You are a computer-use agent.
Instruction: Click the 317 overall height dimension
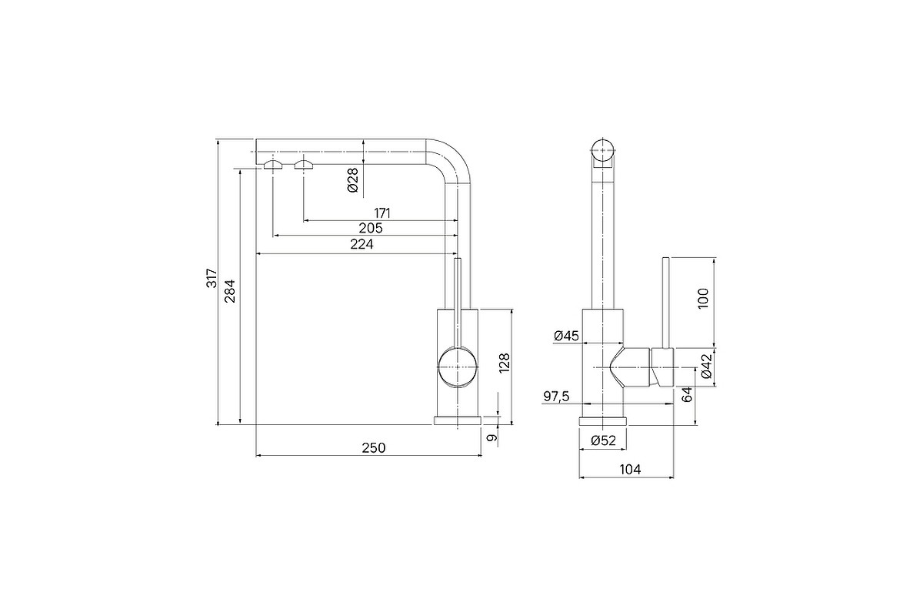[212, 278]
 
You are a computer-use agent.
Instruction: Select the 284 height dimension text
[230, 291]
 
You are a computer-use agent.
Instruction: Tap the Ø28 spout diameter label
[353, 180]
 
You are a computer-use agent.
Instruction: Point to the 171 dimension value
[382, 213]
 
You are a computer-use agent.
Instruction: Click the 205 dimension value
[371, 228]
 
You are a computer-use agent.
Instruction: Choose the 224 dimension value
[362, 244]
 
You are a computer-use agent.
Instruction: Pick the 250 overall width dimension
[374, 447]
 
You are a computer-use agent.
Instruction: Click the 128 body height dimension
[505, 363]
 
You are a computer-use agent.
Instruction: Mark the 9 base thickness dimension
[491, 437]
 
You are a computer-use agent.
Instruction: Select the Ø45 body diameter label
[567, 336]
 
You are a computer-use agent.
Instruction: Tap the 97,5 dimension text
[556, 397]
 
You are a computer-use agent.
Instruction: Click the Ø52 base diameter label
[603, 440]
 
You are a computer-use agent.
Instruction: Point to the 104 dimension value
[631, 470]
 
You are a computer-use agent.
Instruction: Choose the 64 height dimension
[687, 394]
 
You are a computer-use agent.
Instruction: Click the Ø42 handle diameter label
[706, 366]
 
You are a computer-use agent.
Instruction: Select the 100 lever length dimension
[703, 298]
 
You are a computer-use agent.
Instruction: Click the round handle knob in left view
[458, 367]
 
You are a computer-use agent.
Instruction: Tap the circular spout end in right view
[603, 150]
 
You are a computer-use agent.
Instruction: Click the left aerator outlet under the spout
[273, 165]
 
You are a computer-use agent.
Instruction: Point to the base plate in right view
[603, 421]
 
